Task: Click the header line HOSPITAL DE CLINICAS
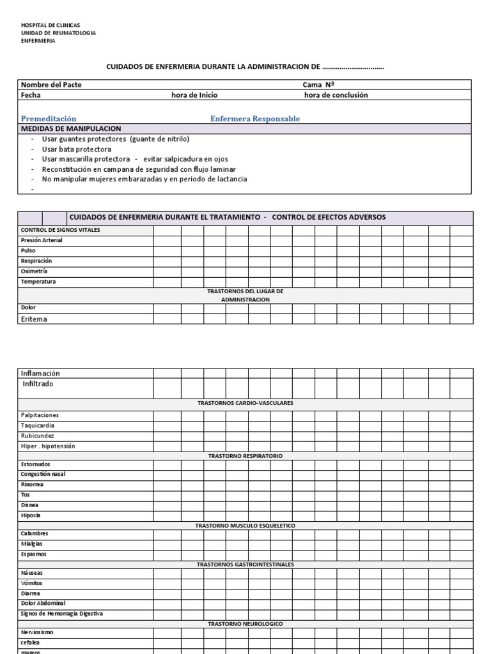point(51,25)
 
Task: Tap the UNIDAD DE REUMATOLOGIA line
point(58,33)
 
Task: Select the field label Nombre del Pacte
point(51,85)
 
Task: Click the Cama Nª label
point(319,85)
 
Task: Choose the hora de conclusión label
point(336,95)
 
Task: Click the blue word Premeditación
point(49,119)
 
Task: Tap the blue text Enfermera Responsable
point(255,119)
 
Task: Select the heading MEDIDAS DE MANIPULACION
point(71,129)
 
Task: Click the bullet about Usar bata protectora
point(76,149)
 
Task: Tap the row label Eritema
point(35,319)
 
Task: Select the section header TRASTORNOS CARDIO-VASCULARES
point(245,404)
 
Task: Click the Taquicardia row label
point(38,425)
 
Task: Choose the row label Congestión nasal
point(43,474)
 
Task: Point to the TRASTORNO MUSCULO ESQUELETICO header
point(245,525)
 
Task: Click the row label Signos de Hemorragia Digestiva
point(62,613)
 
